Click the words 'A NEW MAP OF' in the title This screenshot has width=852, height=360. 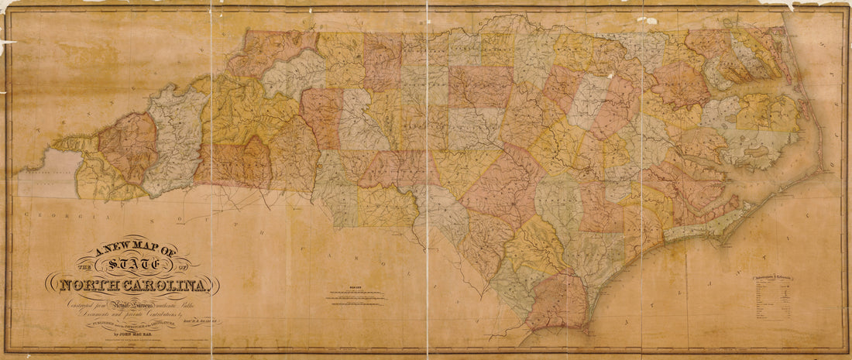[x=136, y=250]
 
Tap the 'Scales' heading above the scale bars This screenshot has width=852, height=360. [x=356, y=286]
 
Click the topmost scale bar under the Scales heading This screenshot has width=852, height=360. [x=356, y=292]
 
